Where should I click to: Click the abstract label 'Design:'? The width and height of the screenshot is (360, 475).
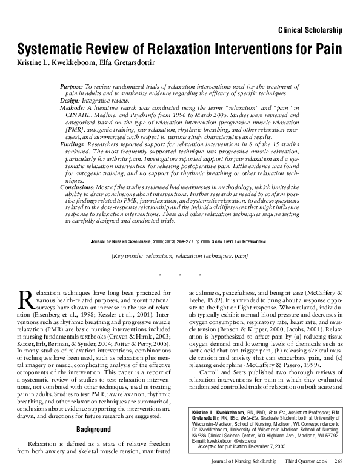(72, 101)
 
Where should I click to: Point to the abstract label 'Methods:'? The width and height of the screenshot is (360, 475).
(74, 107)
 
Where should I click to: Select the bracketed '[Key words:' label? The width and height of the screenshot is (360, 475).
(128, 257)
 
